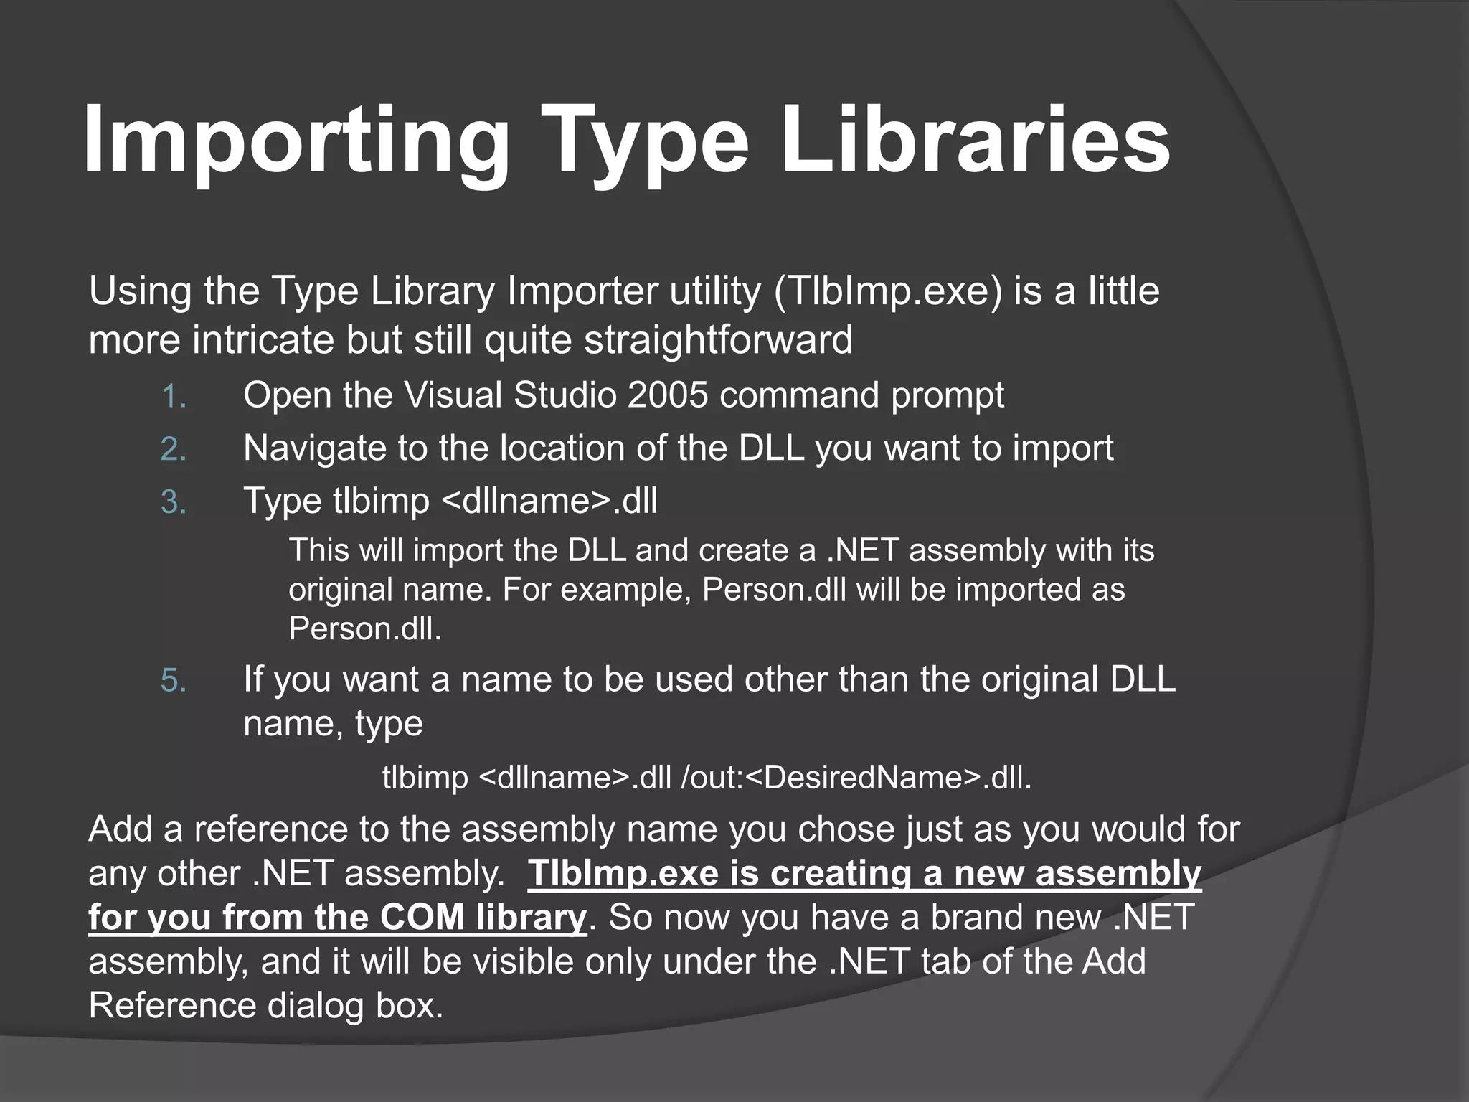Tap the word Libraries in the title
point(976,140)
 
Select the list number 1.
point(174,397)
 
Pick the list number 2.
point(174,450)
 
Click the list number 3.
point(174,502)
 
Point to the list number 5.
point(174,680)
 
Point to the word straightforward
point(718,339)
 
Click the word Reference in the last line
point(172,1006)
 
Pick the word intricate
point(263,339)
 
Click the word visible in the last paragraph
point(502,962)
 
